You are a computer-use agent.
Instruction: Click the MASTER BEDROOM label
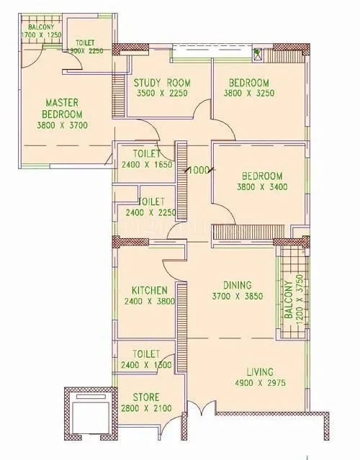[61, 108]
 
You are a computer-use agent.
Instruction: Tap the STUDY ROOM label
[162, 82]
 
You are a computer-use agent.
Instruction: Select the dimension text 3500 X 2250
[162, 93]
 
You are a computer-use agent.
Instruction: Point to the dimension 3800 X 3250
[245, 93]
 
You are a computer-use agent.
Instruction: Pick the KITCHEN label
[149, 291]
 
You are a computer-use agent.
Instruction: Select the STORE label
[145, 397]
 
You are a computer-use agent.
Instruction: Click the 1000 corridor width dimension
[199, 171]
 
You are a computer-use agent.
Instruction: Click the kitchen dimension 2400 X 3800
[149, 302]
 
